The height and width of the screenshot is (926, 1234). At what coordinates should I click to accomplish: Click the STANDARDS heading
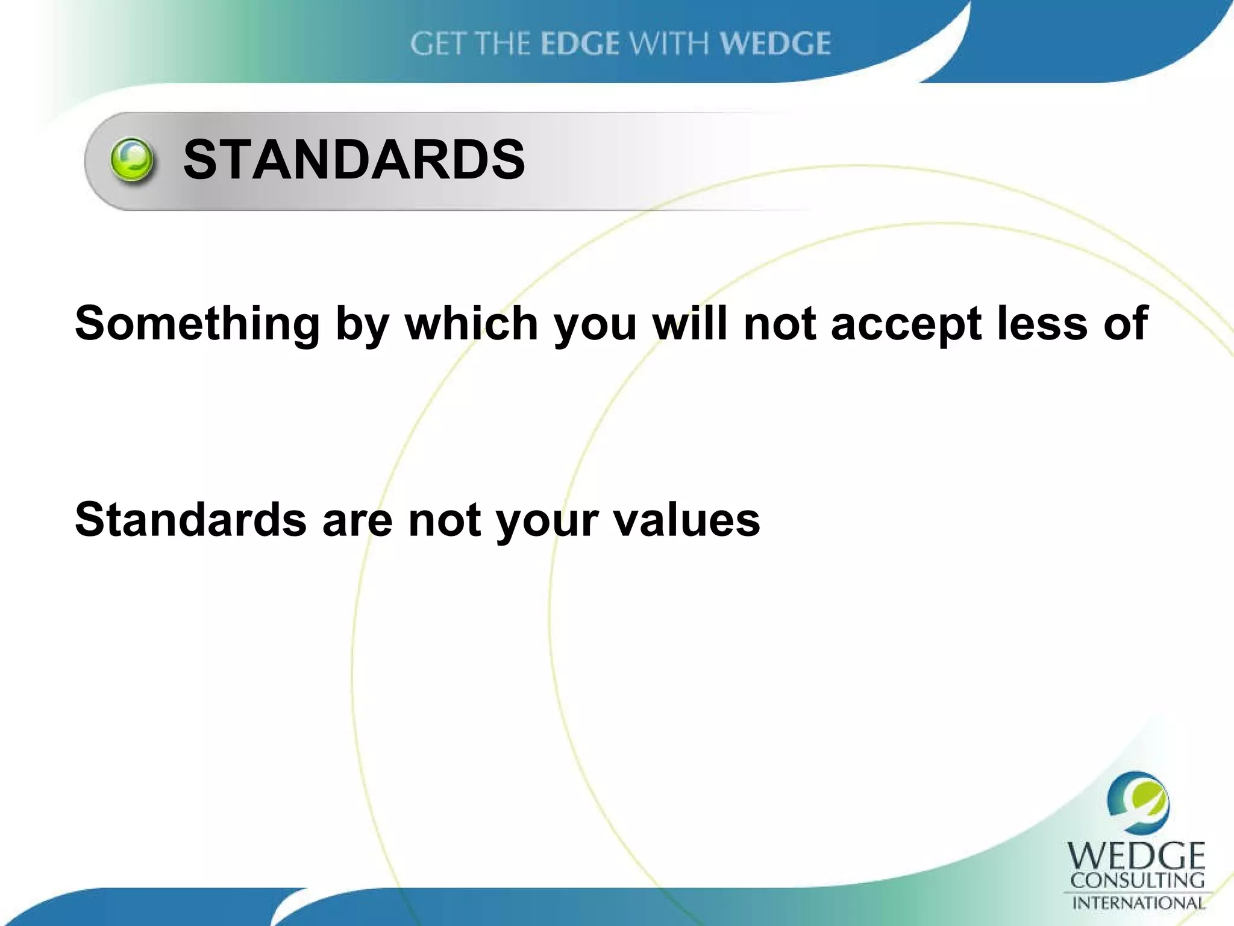354,160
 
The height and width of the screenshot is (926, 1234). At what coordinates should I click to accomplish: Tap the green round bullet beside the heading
132,160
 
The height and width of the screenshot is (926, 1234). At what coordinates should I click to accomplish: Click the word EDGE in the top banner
580,44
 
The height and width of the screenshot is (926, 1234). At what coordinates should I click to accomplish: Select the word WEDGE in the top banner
775,44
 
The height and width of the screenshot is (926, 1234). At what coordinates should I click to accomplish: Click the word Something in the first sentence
197,324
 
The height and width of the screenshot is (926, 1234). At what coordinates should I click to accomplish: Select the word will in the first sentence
691,324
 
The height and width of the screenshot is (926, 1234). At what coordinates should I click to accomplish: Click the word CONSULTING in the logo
1137,881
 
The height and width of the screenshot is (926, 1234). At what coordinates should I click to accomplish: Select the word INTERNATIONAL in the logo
1138,903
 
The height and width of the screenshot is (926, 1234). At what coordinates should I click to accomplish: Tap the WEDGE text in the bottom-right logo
1136,855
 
